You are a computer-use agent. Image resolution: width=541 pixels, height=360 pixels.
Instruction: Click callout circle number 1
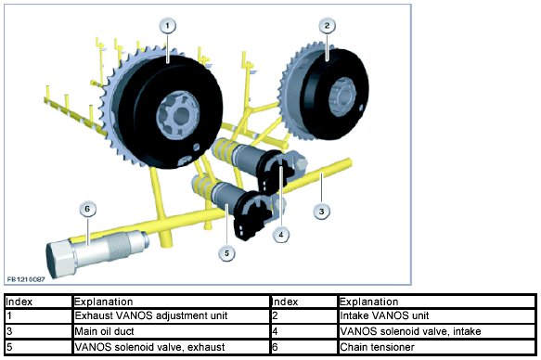coord(168,26)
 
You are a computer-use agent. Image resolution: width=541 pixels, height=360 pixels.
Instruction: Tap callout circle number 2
coord(327,25)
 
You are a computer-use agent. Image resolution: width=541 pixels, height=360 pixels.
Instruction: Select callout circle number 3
coord(322,211)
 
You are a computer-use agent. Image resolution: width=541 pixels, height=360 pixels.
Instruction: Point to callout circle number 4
coord(281,235)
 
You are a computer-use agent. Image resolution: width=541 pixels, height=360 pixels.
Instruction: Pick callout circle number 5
coord(226,253)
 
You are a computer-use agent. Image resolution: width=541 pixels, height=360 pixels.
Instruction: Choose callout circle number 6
coord(87,209)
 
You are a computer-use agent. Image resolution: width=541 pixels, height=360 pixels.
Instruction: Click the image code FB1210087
coord(26,279)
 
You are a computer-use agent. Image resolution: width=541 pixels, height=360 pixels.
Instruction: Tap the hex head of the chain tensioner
coord(59,257)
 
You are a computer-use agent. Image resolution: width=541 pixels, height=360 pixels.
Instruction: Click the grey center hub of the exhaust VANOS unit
coord(178,116)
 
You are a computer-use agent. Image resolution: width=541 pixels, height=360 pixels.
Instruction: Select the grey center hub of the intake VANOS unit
coord(341,96)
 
